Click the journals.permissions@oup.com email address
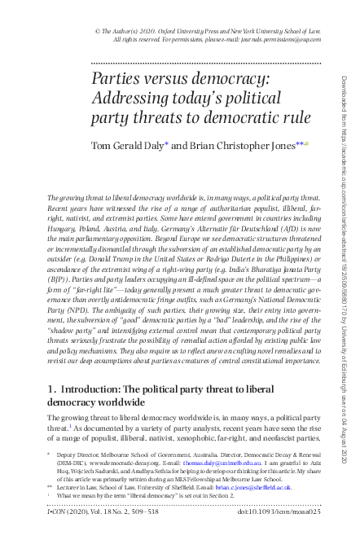coord(266,38)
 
